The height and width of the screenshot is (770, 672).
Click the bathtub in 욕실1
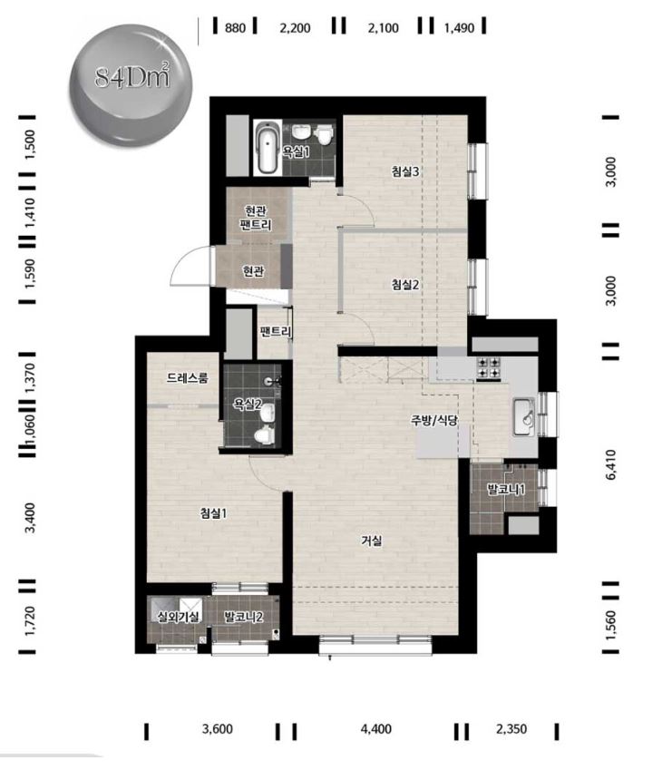(x=267, y=147)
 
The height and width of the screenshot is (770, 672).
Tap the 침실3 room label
(x=405, y=171)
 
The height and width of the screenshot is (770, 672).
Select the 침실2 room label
(x=405, y=285)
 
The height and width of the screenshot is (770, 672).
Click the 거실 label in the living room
(x=372, y=541)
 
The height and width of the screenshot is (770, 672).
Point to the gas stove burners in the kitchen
(x=489, y=368)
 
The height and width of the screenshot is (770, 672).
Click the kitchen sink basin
(x=524, y=417)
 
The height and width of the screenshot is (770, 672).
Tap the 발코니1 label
(x=506, y=489)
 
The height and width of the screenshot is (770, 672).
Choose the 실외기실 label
(x=178, y=617)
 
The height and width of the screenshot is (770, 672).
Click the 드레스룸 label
(x=188, y=377)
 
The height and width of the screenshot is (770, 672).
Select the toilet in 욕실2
(x=264, y=435)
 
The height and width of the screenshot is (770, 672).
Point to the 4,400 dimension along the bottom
(x=376, y=729)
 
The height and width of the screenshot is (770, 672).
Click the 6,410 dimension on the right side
(x=610, y=464)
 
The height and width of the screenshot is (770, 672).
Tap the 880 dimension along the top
(x=235, y=28)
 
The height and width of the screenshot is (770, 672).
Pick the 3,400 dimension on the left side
(x=30, y=518)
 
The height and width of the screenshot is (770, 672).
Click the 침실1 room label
(x=213, y=513)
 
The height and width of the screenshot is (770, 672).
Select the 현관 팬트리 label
(x=255, y=218)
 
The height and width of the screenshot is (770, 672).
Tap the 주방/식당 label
(x=433, y=420)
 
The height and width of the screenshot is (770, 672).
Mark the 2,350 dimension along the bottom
(x=511, y=729)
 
